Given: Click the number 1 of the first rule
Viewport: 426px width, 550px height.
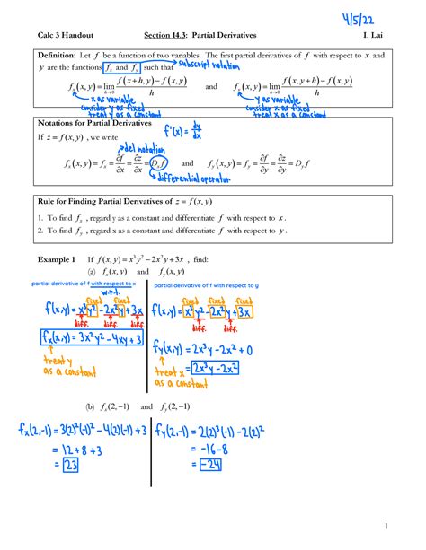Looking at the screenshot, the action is coord(40,218).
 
